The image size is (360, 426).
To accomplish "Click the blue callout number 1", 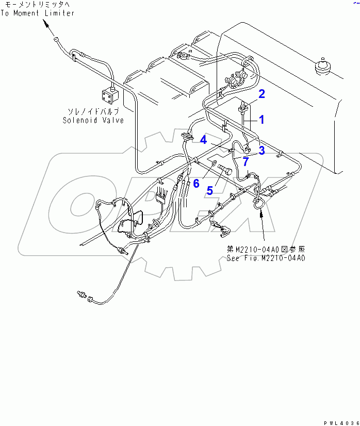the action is point(261,120).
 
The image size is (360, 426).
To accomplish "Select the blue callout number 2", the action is point(261,94).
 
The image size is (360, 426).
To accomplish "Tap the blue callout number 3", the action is point(261,150).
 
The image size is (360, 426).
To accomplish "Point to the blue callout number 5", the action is point(209,190).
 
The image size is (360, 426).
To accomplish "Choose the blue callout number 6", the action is point(195,183).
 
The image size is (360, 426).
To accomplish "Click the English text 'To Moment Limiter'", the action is point(37,13).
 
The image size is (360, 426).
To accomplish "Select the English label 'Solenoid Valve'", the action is point(93,120).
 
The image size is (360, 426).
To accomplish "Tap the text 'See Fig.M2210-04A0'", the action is point(266,257).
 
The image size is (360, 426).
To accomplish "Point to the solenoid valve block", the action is point(109,95).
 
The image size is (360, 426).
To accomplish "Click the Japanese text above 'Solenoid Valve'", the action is point(94,111).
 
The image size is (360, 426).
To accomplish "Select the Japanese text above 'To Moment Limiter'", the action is point(37,5).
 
